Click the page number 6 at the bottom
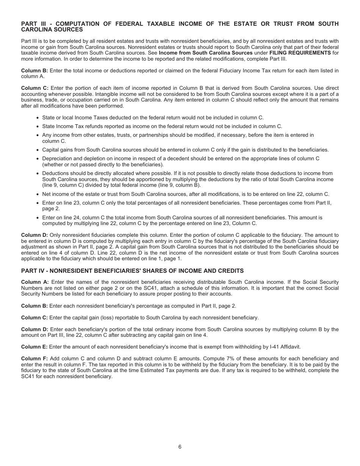[180, 447]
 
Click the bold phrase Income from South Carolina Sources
[205, 53]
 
